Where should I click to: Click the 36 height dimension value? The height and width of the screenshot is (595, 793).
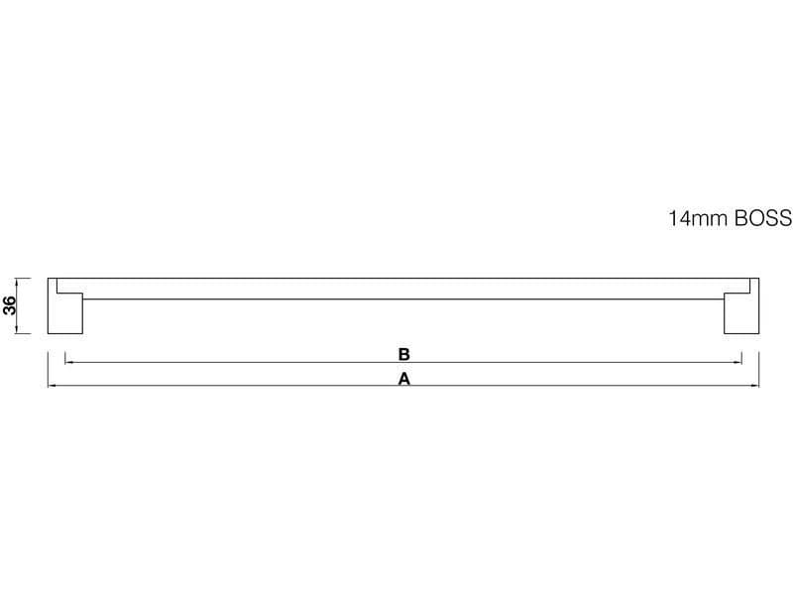coord(10,305)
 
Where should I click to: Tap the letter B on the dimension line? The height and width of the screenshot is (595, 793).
coord(403,354)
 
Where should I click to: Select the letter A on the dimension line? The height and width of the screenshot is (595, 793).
coord(404,379)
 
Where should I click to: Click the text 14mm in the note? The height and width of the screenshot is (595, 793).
coord(699,218)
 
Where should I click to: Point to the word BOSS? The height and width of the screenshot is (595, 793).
coord(763,218)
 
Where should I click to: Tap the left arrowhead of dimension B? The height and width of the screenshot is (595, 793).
coord(68,362)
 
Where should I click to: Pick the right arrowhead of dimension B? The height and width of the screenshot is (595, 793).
coord(737,362)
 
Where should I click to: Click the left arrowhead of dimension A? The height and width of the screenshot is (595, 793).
coord(52,386)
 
